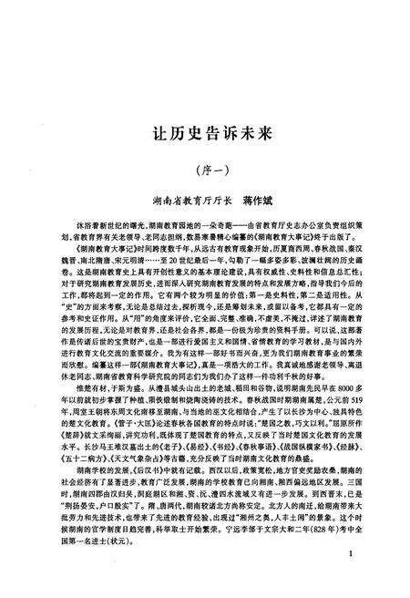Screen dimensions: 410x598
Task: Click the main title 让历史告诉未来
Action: point(205,132)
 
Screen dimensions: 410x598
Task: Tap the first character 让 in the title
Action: point(155,132)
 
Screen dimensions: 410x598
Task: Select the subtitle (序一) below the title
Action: point(204,169)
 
